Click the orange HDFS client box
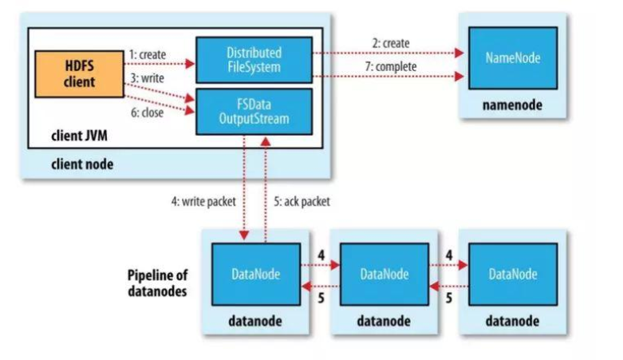click(x=80, y=74)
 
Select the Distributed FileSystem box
click(x=254, y=60)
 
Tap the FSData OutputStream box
click(x=254, y=112)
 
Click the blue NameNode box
click(x=513, y=58)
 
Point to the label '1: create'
click(x=148, y=54)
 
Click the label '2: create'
click(x=391, y=43)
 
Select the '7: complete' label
click(x=391, y=66)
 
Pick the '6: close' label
click(x=148, y=113)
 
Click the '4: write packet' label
click(x=203, y=202)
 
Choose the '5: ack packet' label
click(x=302, y=202)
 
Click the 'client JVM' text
click(x=80, y=136)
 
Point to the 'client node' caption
click(x=82, y=164)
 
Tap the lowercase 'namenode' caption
click(x=513, y=105)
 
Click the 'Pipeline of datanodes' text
click(x=157, y=283)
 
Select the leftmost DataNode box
click(x=256, y=275)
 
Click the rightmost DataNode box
click(x=513, y=275)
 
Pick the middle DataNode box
click(x=384, y=275)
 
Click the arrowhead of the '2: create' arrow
click(x=459, y=53)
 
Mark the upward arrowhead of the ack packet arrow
click(x=266, y=141)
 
